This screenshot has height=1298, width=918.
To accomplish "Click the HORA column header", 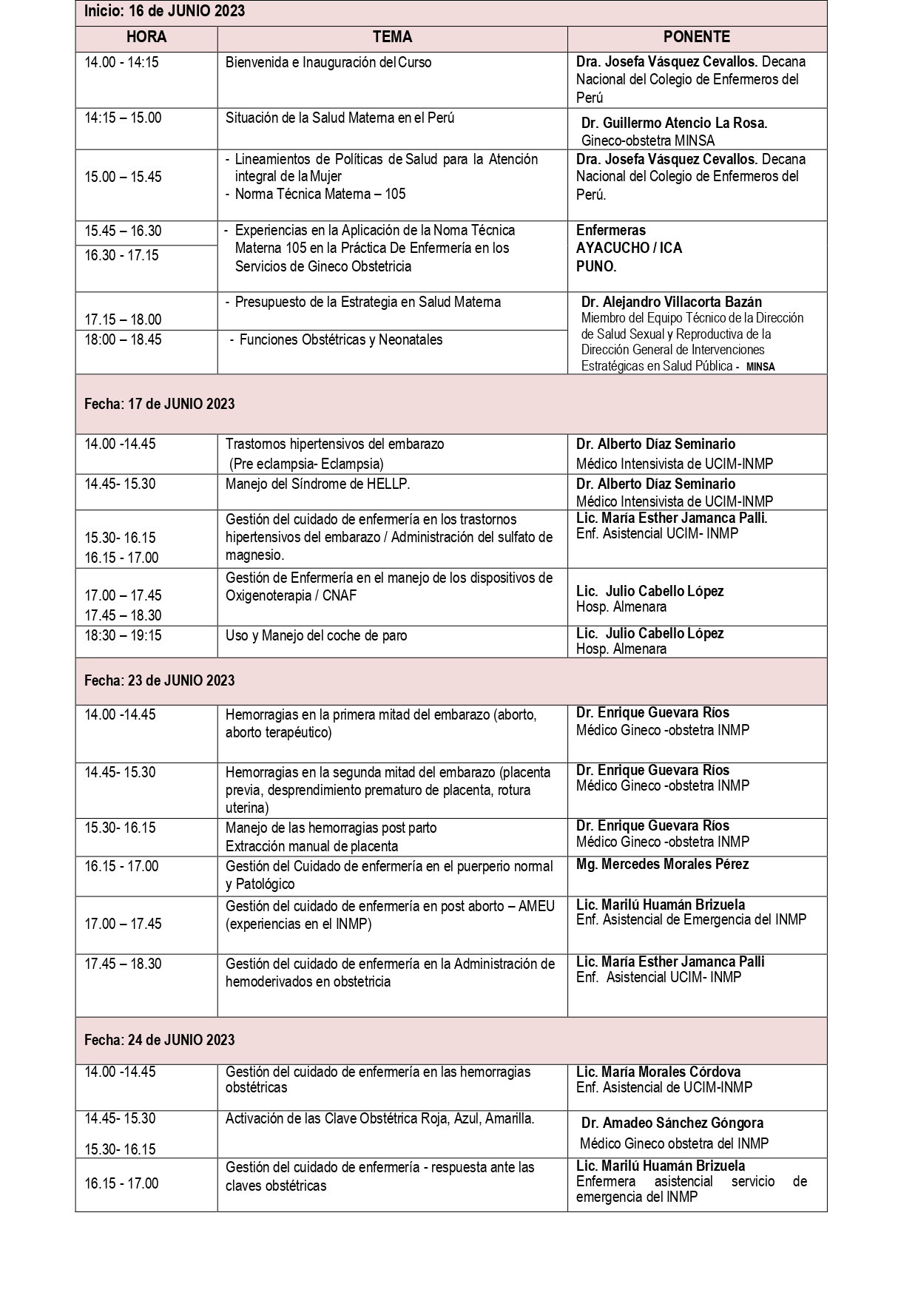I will (146, 37).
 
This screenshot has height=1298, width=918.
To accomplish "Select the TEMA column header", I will (392, 37).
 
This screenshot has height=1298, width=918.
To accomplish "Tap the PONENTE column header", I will (696, 37).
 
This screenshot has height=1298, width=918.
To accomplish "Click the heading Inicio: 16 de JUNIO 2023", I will (164, 11).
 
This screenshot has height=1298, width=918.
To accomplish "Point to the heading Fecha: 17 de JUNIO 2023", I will (159, 404).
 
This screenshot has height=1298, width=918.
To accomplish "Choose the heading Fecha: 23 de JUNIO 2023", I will (159, 680).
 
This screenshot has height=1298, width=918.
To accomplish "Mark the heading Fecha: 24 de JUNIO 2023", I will (159, 1040).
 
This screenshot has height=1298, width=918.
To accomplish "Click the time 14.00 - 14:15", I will (121, 62).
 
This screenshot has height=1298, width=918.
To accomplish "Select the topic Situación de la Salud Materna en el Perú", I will (340, 118).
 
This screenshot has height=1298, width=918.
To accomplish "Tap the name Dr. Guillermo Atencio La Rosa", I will (674, 124).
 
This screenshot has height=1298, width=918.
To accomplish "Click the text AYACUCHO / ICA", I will (629, 248).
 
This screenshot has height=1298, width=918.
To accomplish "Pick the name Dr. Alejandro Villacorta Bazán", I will (671, 302).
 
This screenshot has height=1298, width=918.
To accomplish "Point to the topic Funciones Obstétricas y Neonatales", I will (341, 340).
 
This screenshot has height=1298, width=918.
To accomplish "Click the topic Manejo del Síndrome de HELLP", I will (317, 484).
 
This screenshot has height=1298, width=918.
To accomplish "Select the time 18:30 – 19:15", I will (123, 635).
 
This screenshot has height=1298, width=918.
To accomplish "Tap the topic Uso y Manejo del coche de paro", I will (316, 635).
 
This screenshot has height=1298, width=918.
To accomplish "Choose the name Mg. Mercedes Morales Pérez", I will (662, 864).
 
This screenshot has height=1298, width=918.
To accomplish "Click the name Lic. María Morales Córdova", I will (658, 1072).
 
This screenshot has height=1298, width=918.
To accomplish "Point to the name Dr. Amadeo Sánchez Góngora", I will (672, 1123).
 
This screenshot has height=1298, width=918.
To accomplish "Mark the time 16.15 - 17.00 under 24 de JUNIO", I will (121, 1183).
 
